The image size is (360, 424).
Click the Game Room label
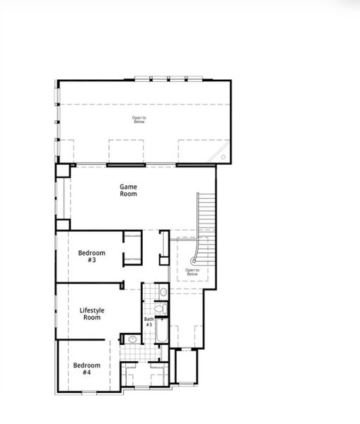point(128,189)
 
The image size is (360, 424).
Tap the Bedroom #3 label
point(91,257)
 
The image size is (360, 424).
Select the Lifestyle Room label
point(91,314)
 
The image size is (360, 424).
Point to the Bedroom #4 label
point(86,369)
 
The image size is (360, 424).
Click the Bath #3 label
point(149,322)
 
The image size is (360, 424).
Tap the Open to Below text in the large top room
point(139,119)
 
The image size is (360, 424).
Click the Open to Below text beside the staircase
point(192,271)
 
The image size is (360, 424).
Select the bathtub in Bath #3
point(161,332)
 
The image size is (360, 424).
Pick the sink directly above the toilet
point(163,291)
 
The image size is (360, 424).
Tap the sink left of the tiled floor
point(131,340)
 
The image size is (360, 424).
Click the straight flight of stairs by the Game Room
point(206,215)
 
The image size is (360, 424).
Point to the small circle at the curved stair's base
point(194,261)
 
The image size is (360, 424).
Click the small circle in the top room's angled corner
point(223,158)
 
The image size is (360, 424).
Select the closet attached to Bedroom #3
point(132,248)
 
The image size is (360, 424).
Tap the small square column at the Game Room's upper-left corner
point(64,171)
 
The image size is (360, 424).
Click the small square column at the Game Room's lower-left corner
point(63,225)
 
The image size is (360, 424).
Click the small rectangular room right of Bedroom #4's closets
point(186,366)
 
